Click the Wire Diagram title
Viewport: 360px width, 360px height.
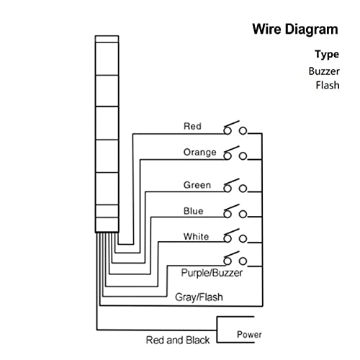[295, 30]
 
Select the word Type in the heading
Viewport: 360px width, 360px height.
[327, 55]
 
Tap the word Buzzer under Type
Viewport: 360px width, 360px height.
[324, 71]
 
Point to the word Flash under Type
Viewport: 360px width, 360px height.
[328, 85]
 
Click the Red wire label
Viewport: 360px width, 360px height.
[192, 126]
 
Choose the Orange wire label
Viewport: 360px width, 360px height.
[200, 153]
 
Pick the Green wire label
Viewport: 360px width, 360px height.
[197, 185]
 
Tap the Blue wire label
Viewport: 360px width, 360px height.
[193, 211]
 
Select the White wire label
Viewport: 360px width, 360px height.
[196, 236]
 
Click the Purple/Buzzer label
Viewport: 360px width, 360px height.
[212, 273]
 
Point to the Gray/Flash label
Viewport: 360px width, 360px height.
[199, 297]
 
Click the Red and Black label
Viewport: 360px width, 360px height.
[178, 340]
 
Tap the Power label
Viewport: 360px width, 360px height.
[249, 334]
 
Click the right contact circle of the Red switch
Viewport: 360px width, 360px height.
[243, 131]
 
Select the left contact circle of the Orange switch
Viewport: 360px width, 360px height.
[228, 156]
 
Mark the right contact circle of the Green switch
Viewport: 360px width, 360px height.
[243, 189]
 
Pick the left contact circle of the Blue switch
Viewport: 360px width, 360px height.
[228, 214]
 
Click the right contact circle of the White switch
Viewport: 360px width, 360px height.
[243, 239]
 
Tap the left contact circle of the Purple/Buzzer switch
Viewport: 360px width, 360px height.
[228, 261]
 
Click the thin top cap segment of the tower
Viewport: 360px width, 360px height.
[107, 39]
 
